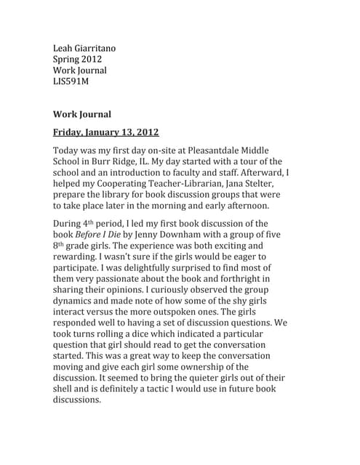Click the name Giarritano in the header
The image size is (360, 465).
click(x=94, y=49)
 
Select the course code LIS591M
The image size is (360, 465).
click(x=71, y=82)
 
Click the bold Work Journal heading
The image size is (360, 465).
click(x=81, y=114)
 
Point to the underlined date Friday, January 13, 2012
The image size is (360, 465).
click(x=106, y=132)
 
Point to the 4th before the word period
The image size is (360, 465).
click(x=89, y=222)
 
